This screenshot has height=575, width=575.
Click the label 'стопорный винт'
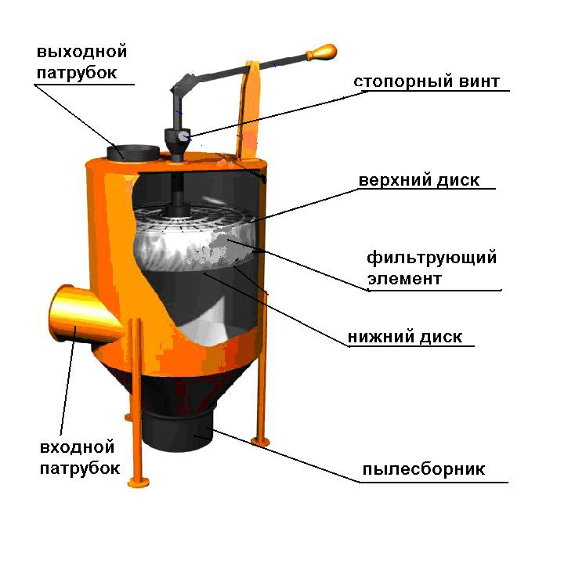point(426,81)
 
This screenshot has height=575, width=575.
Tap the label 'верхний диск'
point(419,180)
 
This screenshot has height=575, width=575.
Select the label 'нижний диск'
point(405,337)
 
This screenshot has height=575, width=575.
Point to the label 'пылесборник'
point(424,469)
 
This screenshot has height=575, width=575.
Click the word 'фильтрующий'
point(432,259)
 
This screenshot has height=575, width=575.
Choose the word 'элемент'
point(404,279)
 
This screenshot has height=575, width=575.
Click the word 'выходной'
point(81,52)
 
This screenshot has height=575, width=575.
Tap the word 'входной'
point(77,447)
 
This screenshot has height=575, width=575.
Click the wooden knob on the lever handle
point(322,52)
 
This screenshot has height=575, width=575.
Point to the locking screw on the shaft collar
point(183,136)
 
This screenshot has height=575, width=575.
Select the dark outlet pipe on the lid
point(132,153)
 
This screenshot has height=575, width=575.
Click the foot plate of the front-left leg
point(138,482)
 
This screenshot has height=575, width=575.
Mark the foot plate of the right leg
point(260,441)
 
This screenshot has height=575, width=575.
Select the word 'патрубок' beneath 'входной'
point(80,468)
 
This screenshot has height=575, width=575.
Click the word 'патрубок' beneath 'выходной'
point(77,73)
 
